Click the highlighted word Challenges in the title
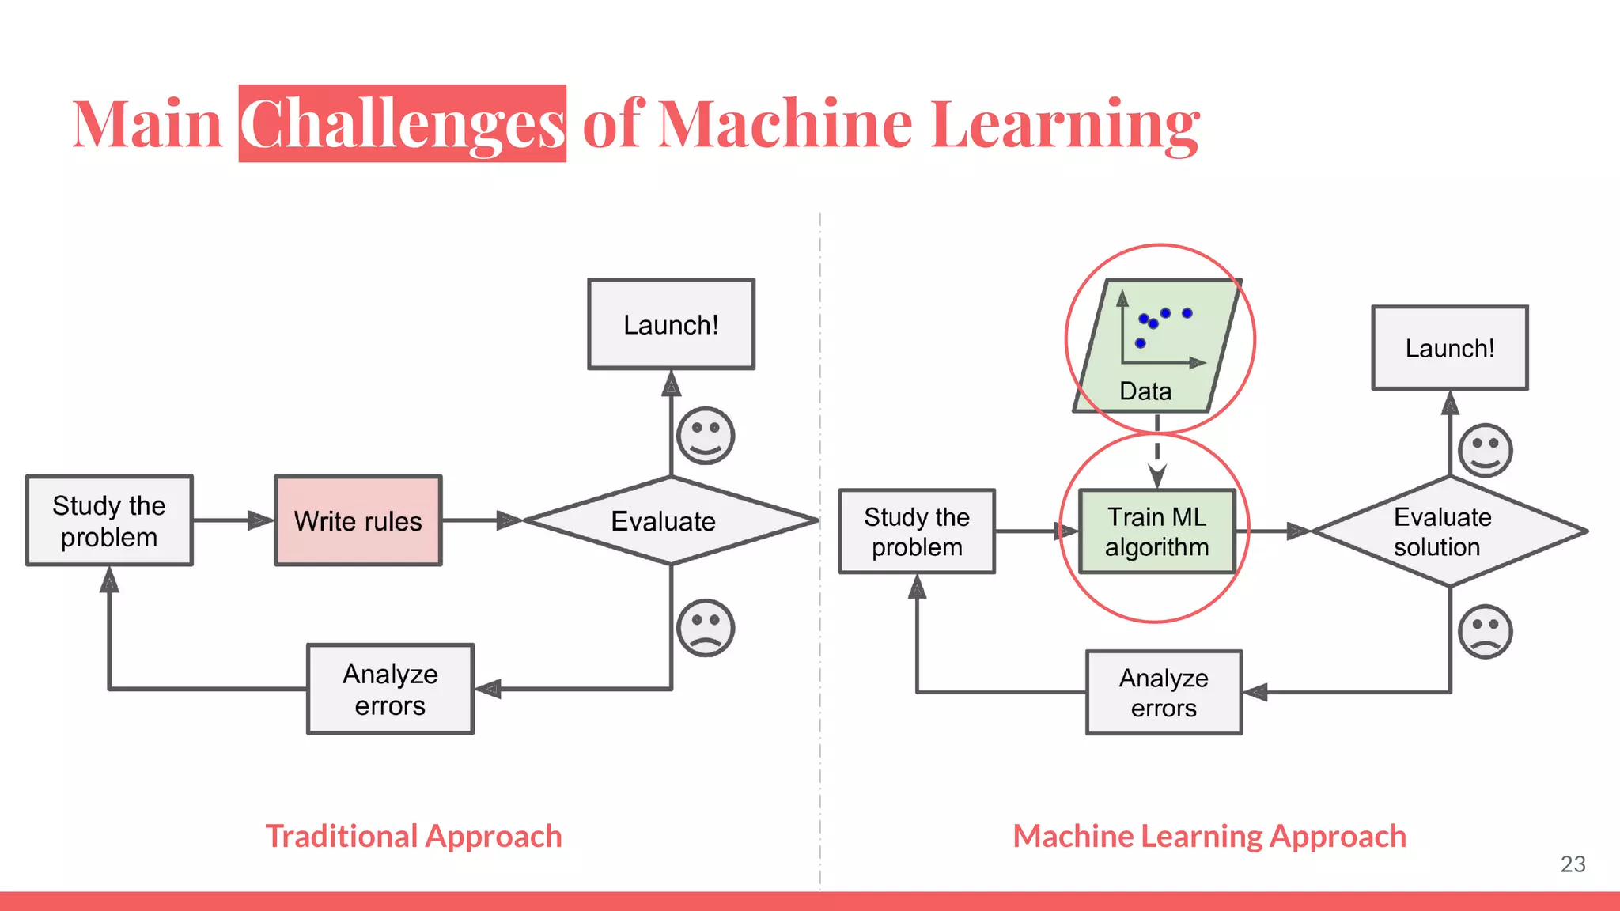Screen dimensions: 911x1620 [x=402, y=124]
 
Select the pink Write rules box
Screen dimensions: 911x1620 [x=358, y=520]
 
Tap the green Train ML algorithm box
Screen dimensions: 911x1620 [x=1156, y=531]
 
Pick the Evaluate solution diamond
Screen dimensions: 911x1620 [x=1448, y=531]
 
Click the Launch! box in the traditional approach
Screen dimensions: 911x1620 [x=671, y=324]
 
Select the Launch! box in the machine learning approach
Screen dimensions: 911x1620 [x=1449, y=348]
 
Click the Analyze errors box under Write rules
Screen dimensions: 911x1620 [x=390, y=689]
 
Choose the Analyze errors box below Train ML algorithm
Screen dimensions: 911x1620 [x=1163, y=692]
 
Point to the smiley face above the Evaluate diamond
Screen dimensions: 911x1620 [x=706, y=436]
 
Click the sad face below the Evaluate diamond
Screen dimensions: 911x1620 [x=706, y=628]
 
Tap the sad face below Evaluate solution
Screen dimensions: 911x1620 [x=1485, y=632]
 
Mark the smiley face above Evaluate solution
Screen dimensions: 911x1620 [x=1485, y=450]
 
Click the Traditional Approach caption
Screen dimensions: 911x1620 [x=413, y=836]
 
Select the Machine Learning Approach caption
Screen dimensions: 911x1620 [x=1209, y=836]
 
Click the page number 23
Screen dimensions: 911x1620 [x=1572, y=864]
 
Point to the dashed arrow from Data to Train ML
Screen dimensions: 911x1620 [x=1156, y=455]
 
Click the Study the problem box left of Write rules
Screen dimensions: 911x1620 [x=109, y=520]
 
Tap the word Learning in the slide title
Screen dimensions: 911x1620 [x=1065, y=124]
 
